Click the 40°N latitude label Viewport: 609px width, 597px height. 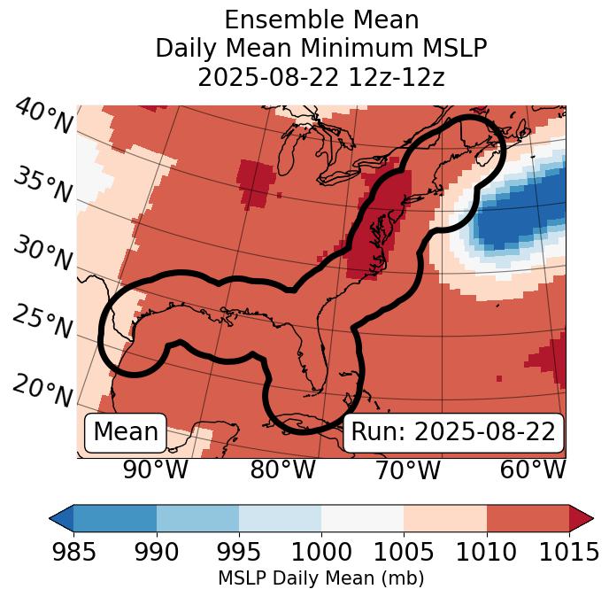[43, 117]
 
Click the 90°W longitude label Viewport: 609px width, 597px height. [155, 469]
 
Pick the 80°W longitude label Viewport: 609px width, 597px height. [282, 469]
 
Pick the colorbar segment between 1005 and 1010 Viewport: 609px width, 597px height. [445, 518]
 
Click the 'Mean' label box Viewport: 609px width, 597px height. [126, 432]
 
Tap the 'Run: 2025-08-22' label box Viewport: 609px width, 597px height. [453, 432]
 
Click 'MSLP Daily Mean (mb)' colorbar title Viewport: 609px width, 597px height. [320, 579]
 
